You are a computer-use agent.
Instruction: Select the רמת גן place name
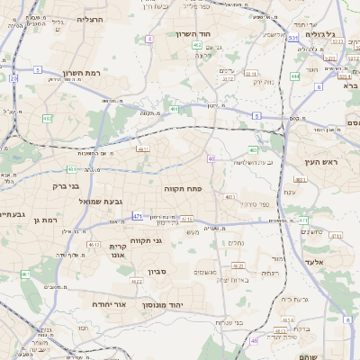(43, 220)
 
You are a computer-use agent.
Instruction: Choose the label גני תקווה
(170, 240)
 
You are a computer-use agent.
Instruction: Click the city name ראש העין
(319, 162)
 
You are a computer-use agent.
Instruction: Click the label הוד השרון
(193, 33)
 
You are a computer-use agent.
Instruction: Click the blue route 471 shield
(137, 217)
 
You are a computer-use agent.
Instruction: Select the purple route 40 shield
(210, 158)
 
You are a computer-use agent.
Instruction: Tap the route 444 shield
(295, 76)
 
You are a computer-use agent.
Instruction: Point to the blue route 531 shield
(293, 39)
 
